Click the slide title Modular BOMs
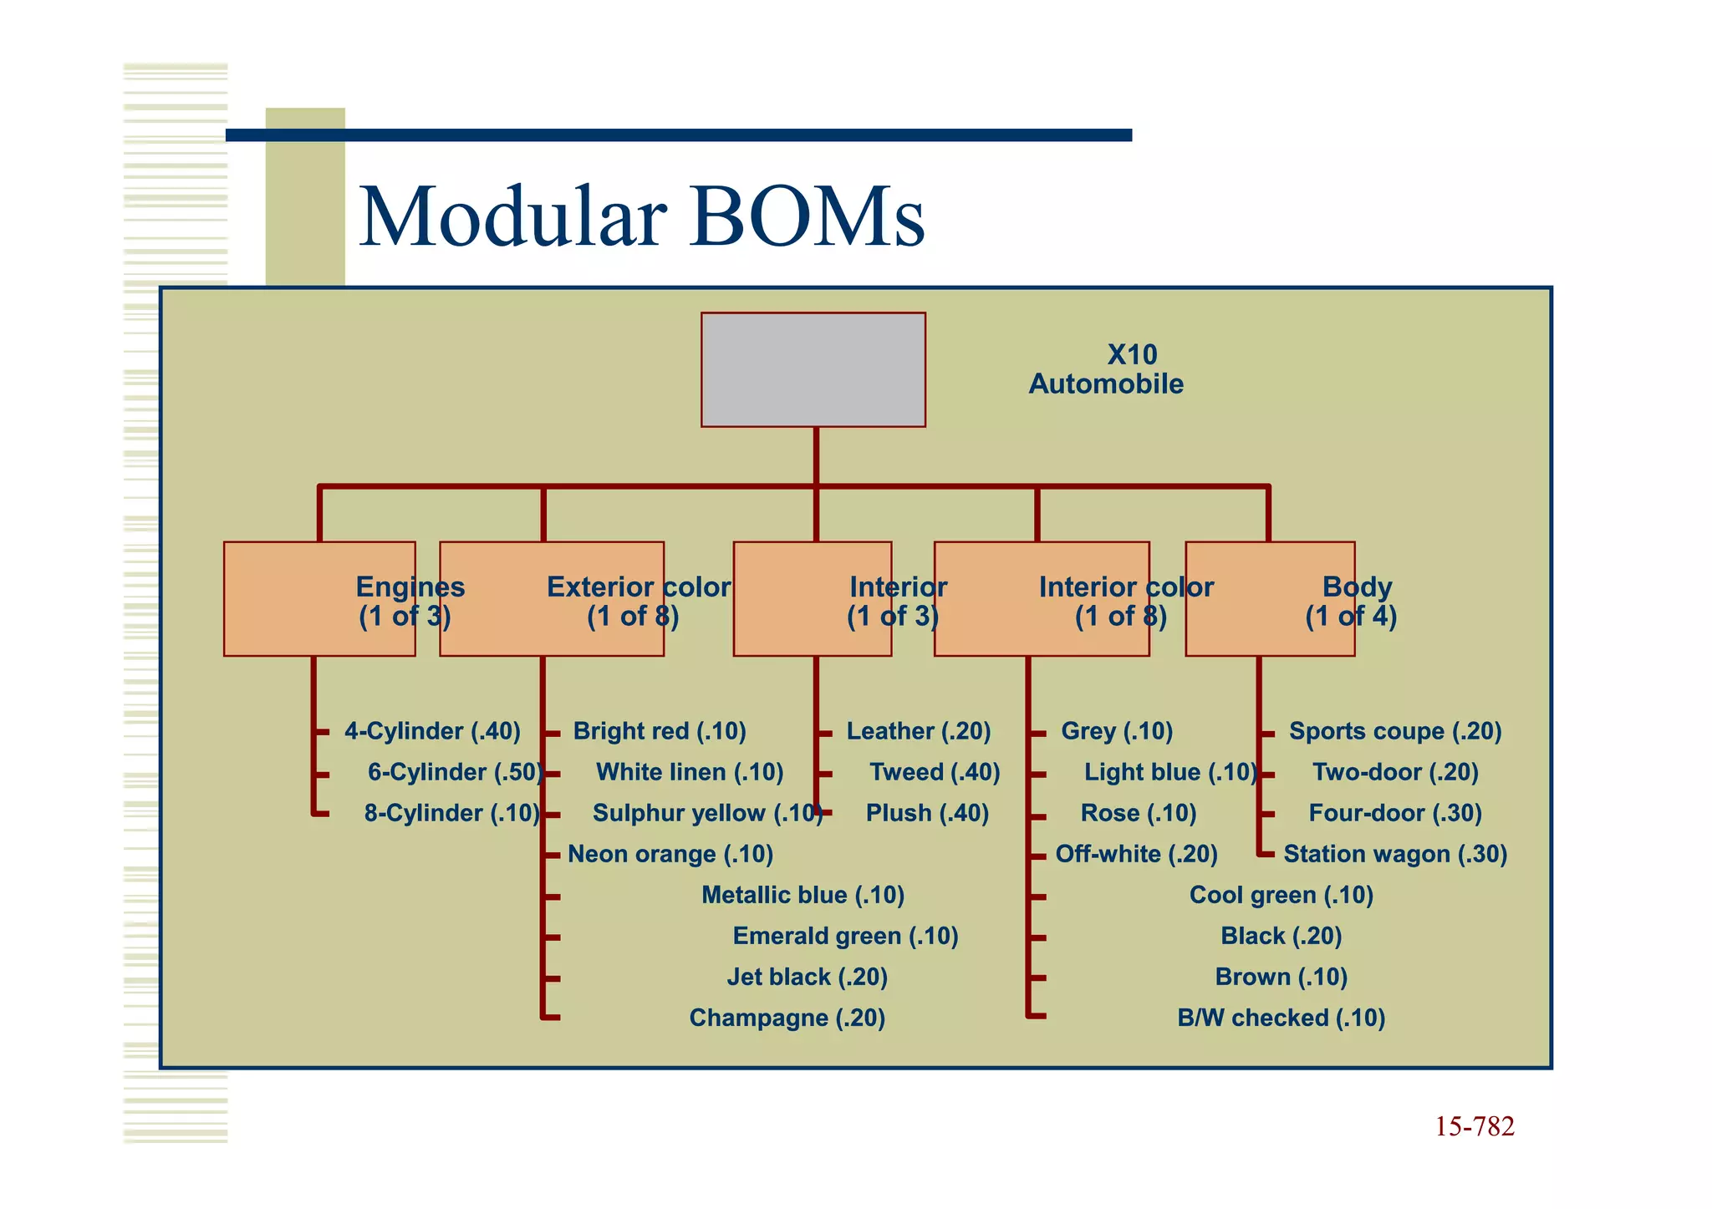point(642,217)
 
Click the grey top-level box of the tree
point(813,369)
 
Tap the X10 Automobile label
point(1106,369)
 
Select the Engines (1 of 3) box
point(319,599)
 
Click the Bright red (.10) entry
point(660,731)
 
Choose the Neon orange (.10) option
point(670,854)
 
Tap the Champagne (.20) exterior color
point(787,1018)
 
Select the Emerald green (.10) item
point(845,936)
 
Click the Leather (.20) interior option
point(918,731)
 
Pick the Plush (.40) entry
point(927,813)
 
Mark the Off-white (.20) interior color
point(1136,854)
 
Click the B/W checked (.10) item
point(1281,1018)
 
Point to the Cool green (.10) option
point(1281,895)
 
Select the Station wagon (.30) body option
point(1394,854)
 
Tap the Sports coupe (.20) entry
point(1394,731)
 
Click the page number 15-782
point(1474,1127)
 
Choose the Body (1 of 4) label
point(1352,602)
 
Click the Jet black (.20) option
point(807,977)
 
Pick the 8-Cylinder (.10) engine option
point(451,813)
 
